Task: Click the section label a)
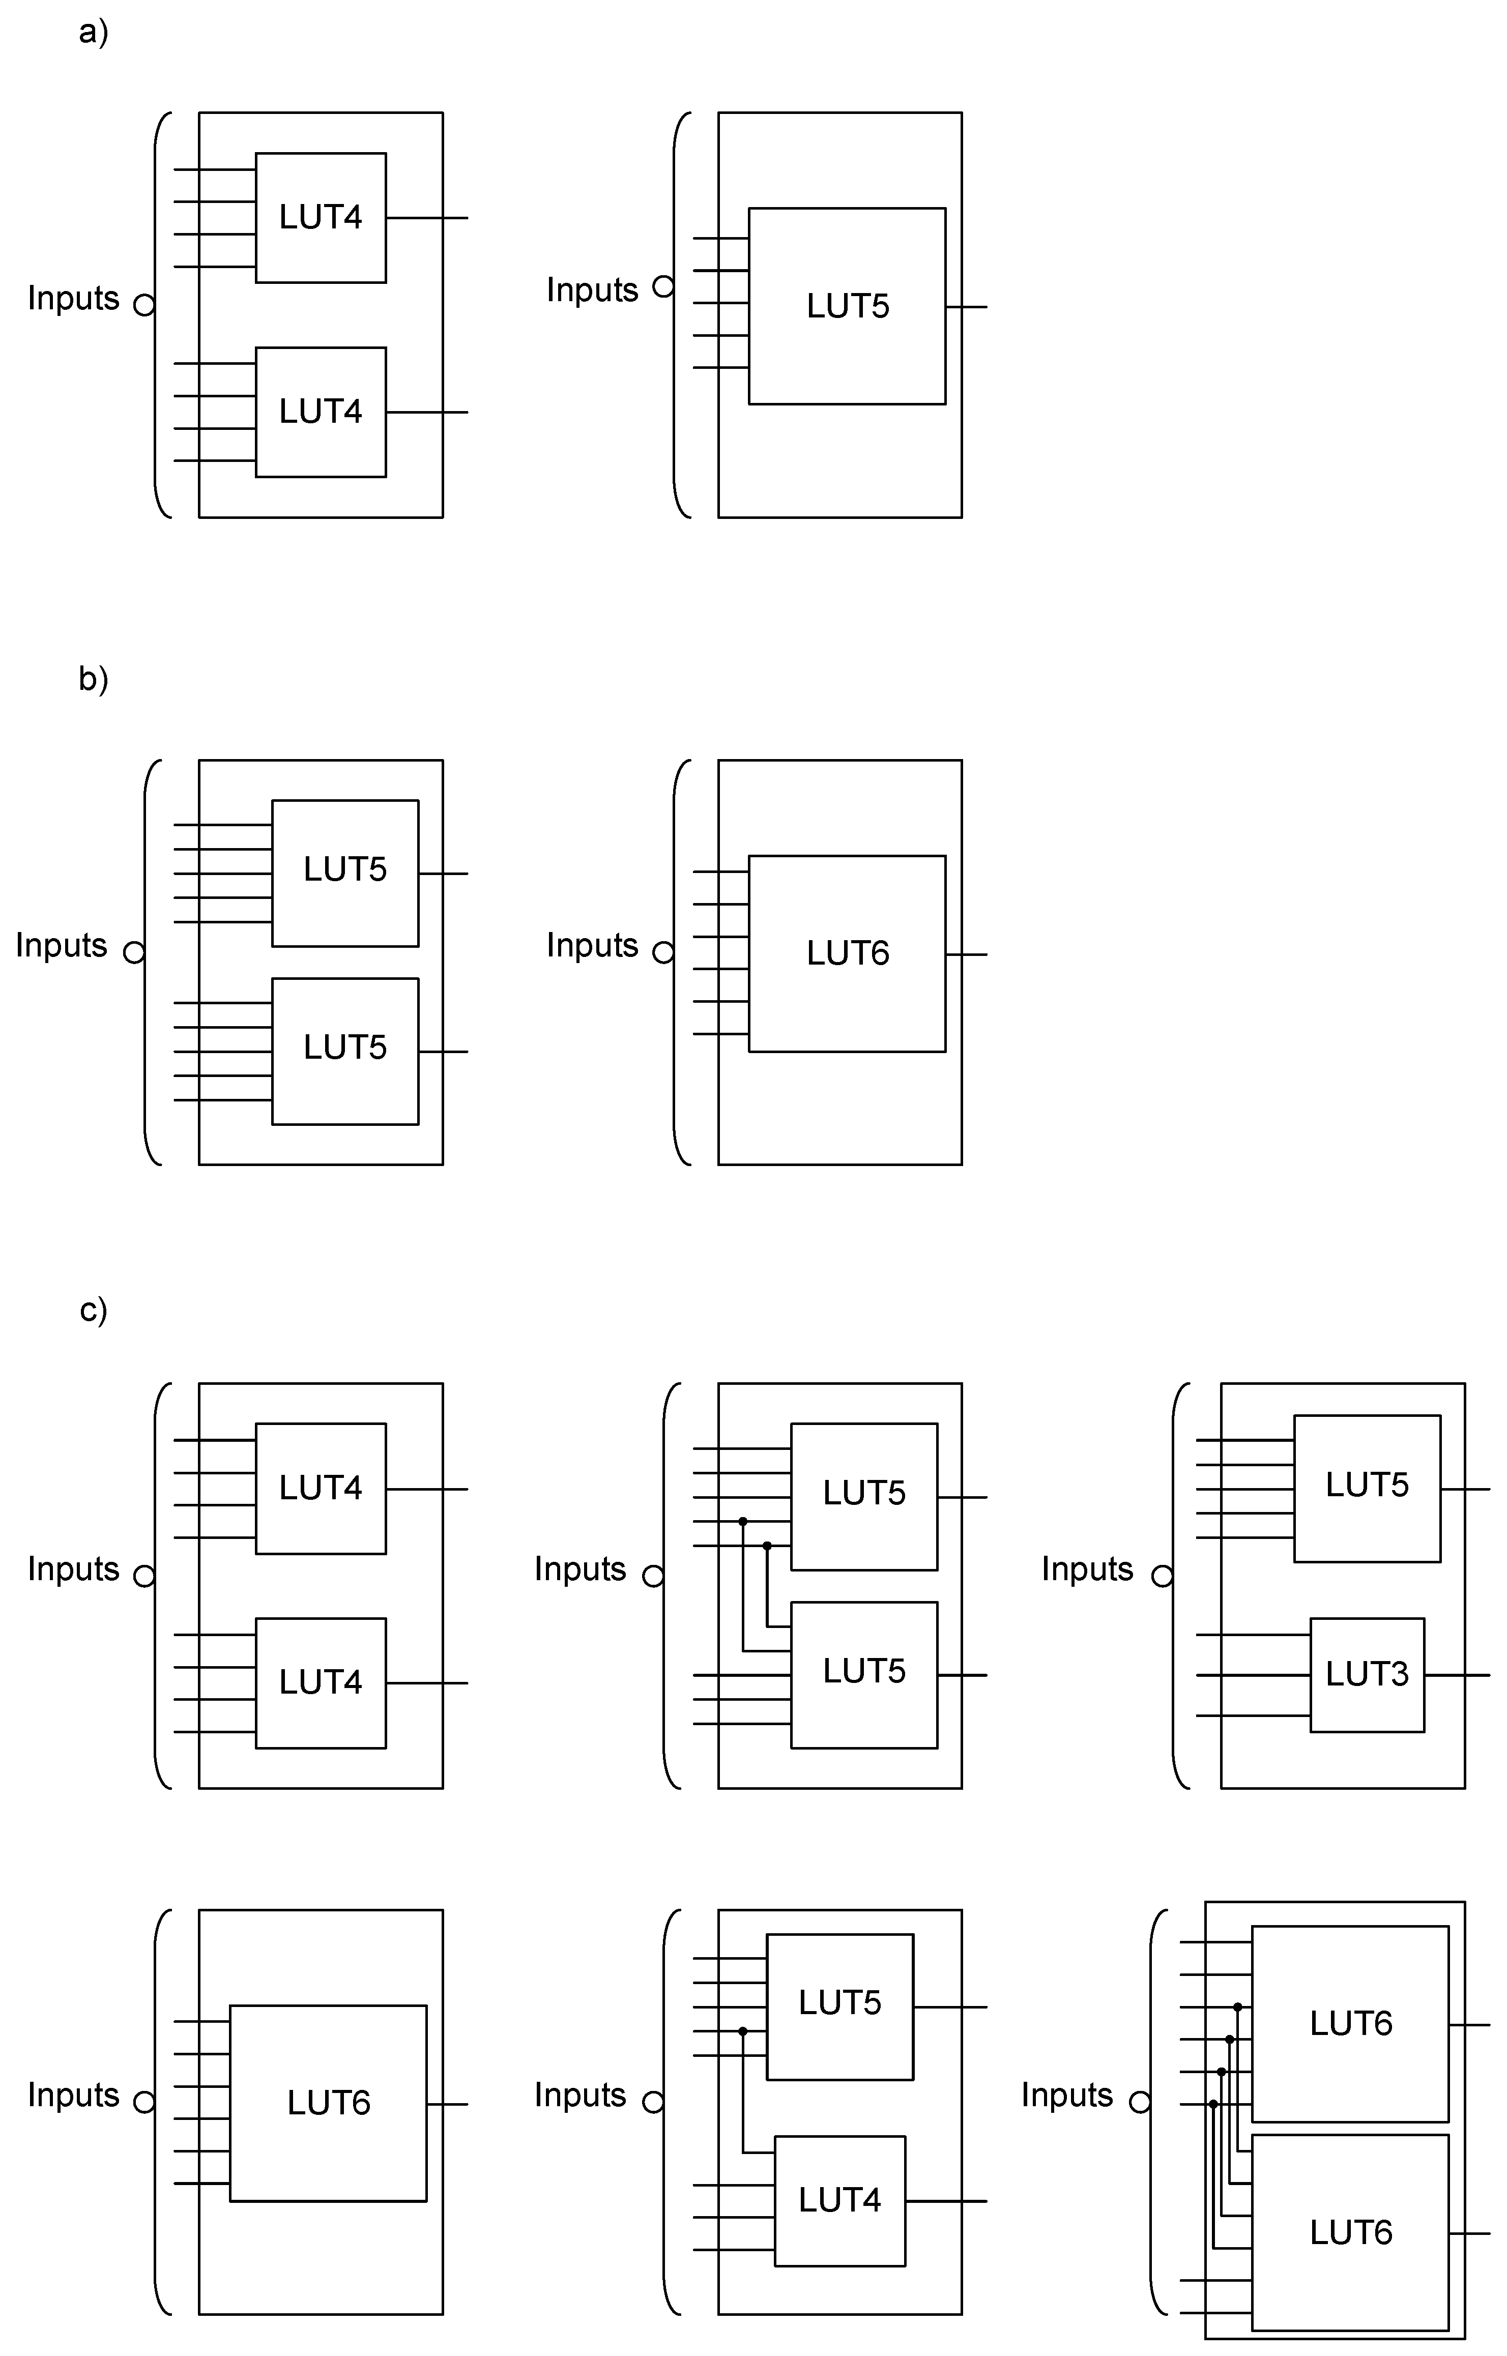point(93,32)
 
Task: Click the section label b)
point(93,679)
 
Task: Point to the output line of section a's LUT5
point(967,307)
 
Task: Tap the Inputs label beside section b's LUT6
point(592,945)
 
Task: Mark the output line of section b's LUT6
point(967,954)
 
